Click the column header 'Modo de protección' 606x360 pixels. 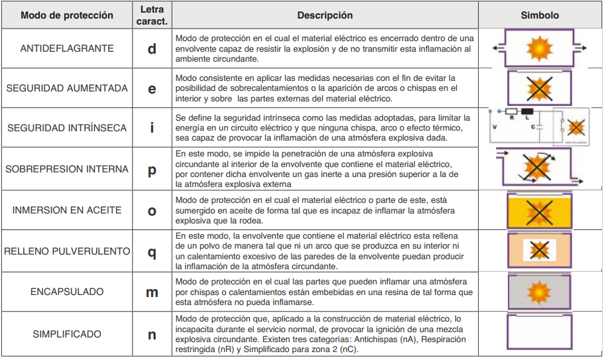click(x=67, y=15)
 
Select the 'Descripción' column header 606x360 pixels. click(x=324, y=15)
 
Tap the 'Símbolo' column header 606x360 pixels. click(x=539, y=15)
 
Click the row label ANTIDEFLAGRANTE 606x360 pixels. click(x=67, y=48)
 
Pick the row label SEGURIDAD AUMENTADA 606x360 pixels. click(x=67, y=88)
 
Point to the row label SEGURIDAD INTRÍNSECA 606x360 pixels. click(x=67, y=127)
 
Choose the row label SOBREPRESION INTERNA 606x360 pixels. click(x=67, y=169)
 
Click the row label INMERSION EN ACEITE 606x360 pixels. click(x=67, y=210)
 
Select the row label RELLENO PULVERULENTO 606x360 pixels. click(x=67, y=251)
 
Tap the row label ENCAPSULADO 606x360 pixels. click(x=67, y=292)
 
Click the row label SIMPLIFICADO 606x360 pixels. click(x=67, y=334)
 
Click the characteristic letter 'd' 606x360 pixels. click(x=152, y=48)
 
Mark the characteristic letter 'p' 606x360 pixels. click(x=152, y=170)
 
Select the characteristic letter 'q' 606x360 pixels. click(x=152, y=252)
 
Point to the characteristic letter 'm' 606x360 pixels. click(x=152, y=292)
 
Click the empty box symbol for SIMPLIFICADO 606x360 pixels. click(x=539, y=332)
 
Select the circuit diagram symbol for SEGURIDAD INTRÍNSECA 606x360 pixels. click(x=538, y=127)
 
